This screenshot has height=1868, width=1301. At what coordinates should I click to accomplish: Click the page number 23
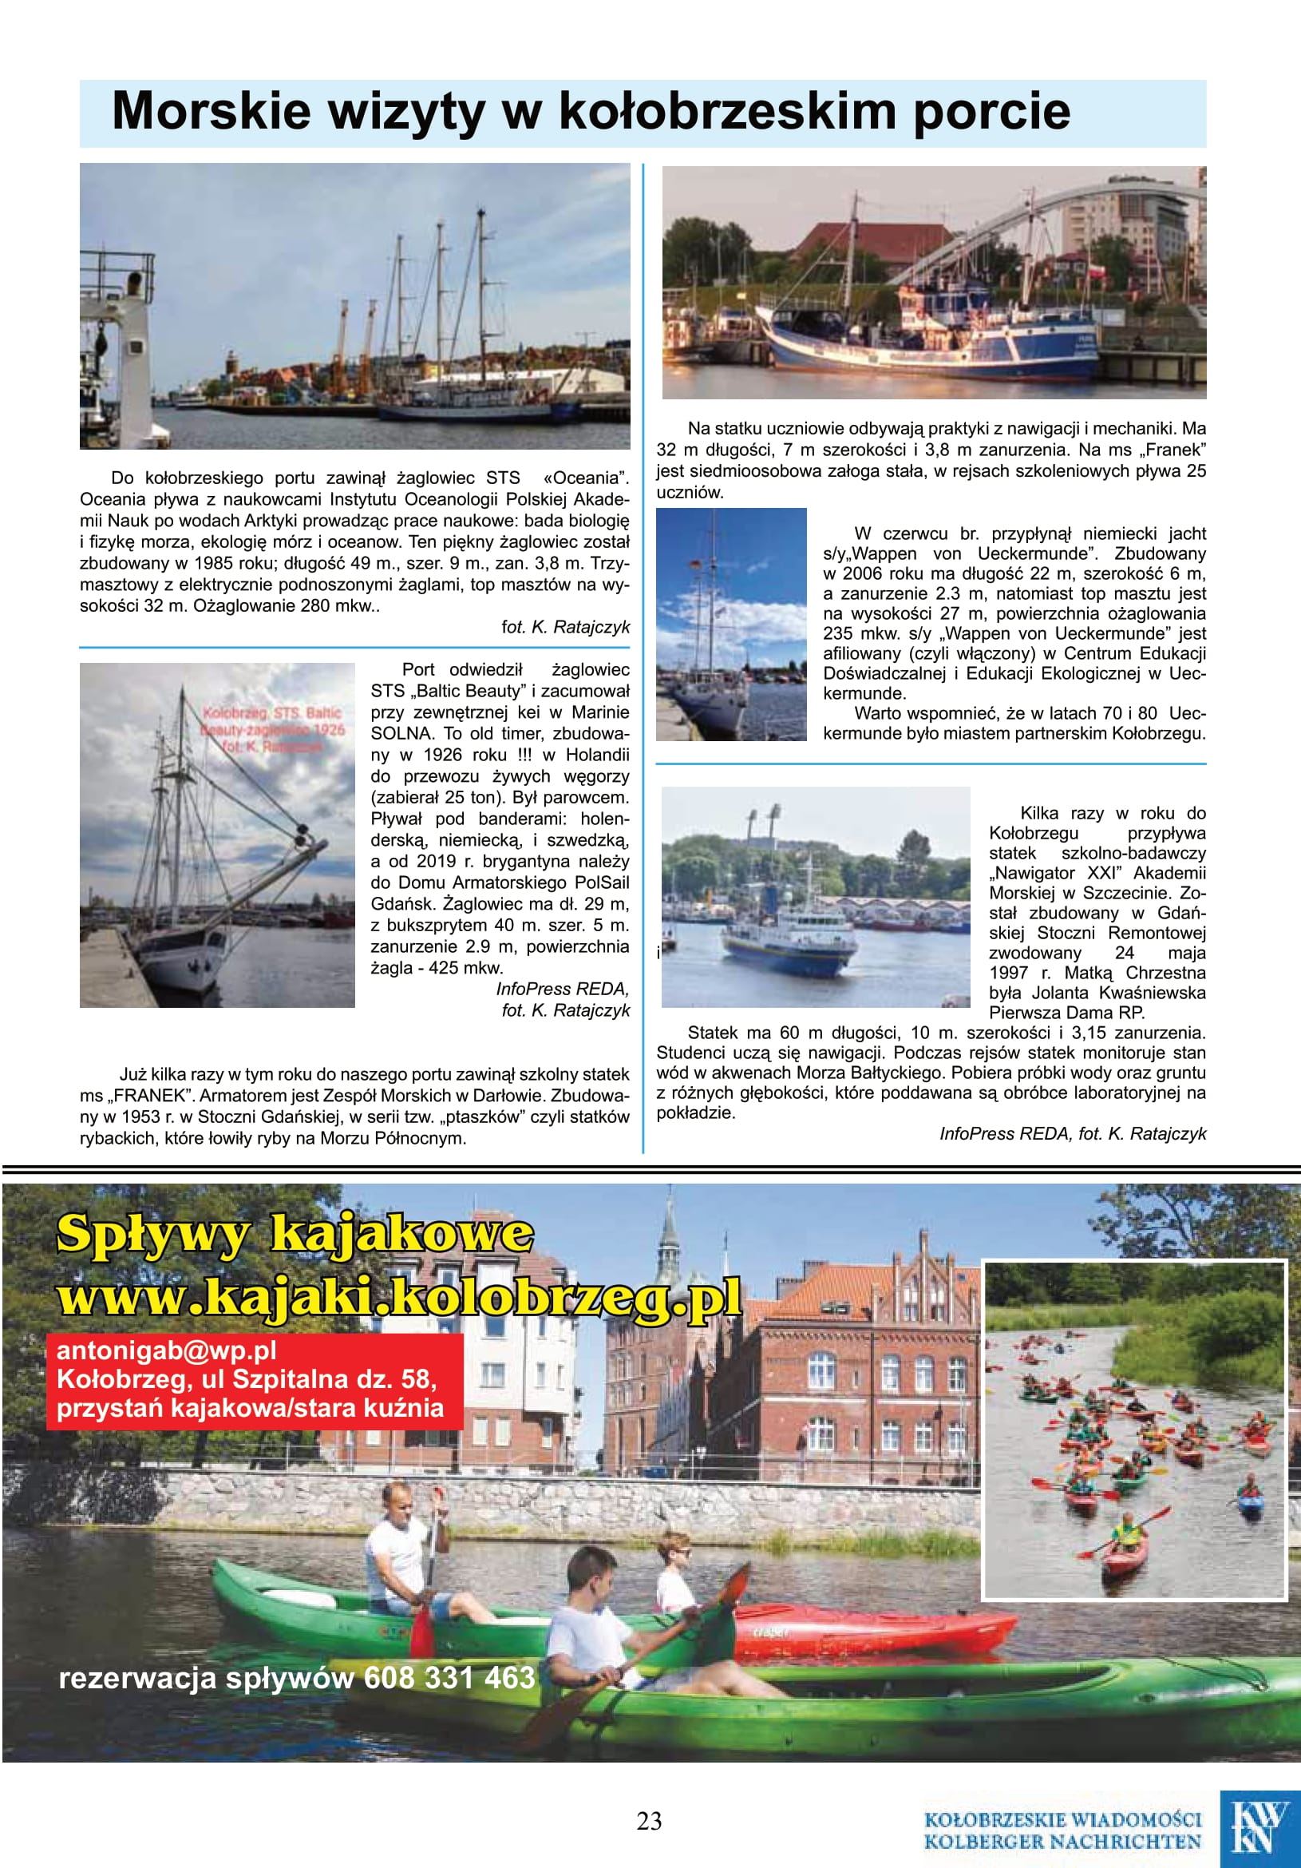tap(649, 1821)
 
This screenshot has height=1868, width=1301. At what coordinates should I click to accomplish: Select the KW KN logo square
tap(1259, 1827)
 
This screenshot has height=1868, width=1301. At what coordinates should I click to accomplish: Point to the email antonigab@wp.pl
tap(167, 1350)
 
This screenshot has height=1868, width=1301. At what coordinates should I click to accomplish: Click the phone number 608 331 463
tap(449, 1678)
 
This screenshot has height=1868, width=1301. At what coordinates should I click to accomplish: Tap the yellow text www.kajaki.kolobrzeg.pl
tap(399, 1296)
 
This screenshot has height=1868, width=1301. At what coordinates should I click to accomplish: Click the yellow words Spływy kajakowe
tap(295, 1234)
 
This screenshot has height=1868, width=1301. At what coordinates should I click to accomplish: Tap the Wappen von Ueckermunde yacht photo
tap(731, 624)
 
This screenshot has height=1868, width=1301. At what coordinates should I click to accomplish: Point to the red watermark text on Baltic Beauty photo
tap(273, 730)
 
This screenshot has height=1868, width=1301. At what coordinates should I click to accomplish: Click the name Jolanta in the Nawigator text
tap(1060, 993)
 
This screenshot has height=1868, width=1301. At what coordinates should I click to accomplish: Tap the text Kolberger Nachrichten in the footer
tap(1062, 1841)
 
